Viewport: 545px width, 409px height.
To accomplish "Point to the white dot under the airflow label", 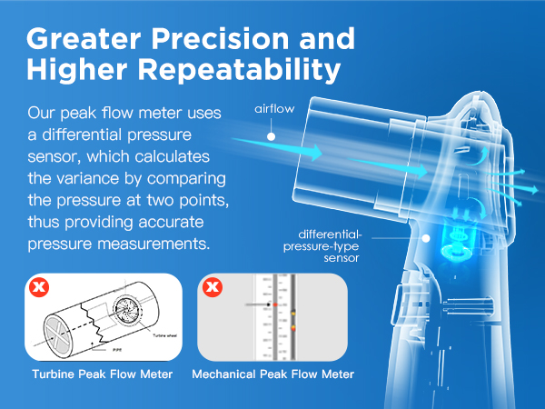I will [272, 135].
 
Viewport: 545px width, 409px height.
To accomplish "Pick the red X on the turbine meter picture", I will [37, 289].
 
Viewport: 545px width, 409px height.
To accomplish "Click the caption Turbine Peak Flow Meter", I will [102, 374].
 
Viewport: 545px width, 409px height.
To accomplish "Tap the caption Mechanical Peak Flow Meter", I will [272, 374].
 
